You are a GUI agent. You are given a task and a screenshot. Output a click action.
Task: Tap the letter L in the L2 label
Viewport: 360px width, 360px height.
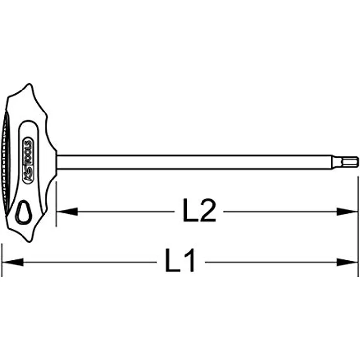point(190,210)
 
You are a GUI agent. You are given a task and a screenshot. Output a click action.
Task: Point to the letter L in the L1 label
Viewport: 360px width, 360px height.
point(173,261)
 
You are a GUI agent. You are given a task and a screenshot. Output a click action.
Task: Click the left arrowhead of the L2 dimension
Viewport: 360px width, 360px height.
point(67,211)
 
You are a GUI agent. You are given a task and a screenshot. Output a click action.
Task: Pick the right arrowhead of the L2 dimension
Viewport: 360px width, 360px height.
point(347,211)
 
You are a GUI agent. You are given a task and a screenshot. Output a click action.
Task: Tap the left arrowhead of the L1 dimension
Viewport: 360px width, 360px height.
point(13,262)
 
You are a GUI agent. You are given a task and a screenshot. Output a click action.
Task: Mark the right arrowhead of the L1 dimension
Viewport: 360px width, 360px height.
point(347,262)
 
